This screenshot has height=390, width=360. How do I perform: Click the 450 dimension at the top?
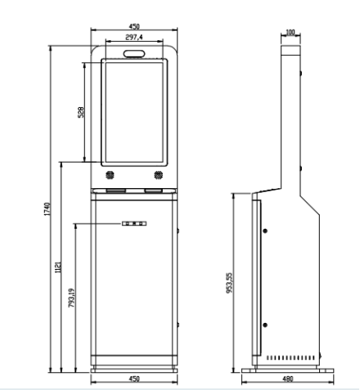(x=133, y=26)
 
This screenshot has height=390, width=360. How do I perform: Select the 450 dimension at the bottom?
(x=134, y=379)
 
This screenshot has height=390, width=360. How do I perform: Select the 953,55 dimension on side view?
(x=230, y=282)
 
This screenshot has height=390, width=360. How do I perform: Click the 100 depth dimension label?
(x=290, y=34)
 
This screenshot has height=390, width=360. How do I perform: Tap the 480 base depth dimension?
(x=286, y=379)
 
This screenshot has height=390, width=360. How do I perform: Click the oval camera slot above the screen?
(x=134, y=54)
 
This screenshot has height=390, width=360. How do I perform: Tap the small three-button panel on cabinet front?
(x=134, y=222)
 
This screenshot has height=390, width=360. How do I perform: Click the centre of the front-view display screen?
(x=134, y=113)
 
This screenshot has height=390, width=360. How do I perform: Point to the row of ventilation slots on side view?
(x=290, y=358)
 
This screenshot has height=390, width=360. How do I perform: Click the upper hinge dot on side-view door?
(x=264, y=230)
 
